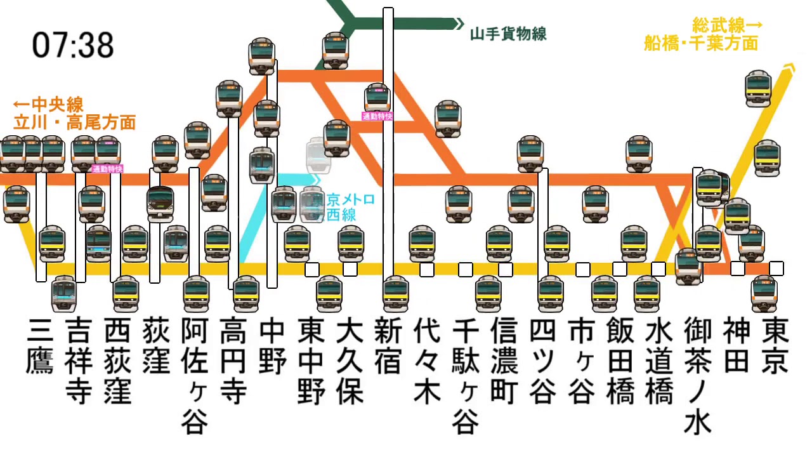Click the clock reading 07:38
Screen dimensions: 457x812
pos(73,45)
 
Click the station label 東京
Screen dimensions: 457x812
pos(775,346)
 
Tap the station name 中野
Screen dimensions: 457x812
pos(272,346)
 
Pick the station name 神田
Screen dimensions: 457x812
pos(737,346)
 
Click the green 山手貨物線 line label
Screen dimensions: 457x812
pos(508,34)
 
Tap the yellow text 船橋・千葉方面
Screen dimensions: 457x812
pos(701,43)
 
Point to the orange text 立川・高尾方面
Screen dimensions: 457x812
pos(75,122)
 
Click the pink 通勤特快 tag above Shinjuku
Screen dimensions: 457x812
pos(377,116)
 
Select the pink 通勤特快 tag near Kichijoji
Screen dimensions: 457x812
pos(107,169)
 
